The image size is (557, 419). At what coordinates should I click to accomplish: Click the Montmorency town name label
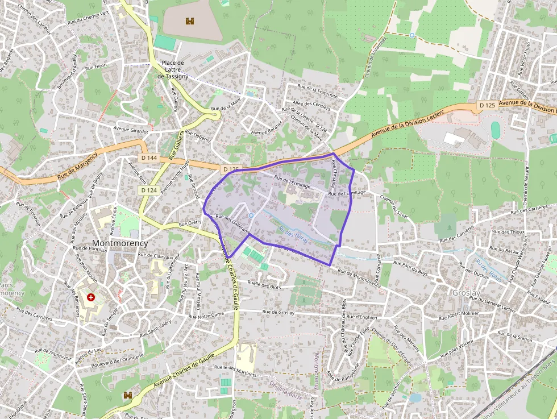120,243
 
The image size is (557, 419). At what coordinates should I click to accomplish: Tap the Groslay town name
465,292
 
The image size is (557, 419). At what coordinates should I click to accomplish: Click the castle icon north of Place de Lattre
189,21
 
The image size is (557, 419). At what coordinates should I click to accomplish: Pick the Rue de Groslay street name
278,312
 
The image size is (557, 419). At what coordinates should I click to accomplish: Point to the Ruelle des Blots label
265,284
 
